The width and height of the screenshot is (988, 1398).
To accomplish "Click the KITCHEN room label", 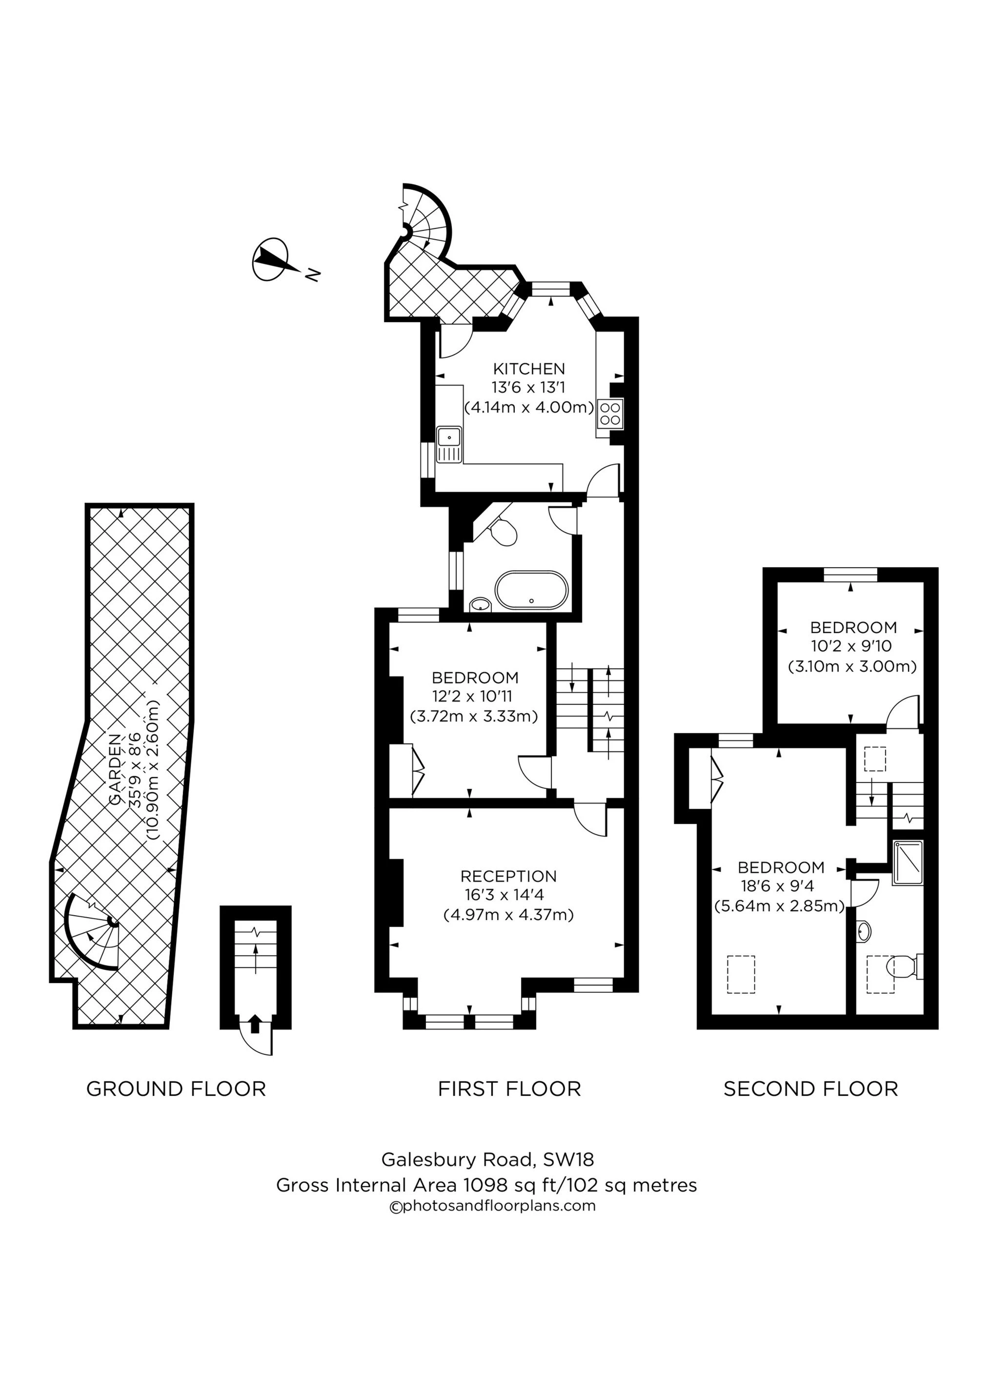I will coord(528,369).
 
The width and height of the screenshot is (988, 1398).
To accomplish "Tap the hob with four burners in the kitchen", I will coord(610,413).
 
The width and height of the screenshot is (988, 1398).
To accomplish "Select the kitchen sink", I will coord(450,436).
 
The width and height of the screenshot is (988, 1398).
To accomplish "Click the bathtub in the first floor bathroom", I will coord(531,590).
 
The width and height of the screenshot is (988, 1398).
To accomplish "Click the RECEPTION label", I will coord(508,876).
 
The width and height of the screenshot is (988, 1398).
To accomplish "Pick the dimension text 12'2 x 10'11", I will coord(475,697).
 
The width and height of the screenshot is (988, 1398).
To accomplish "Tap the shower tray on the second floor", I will coord(907,863).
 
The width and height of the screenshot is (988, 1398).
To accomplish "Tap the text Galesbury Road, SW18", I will coord(487,1159).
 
